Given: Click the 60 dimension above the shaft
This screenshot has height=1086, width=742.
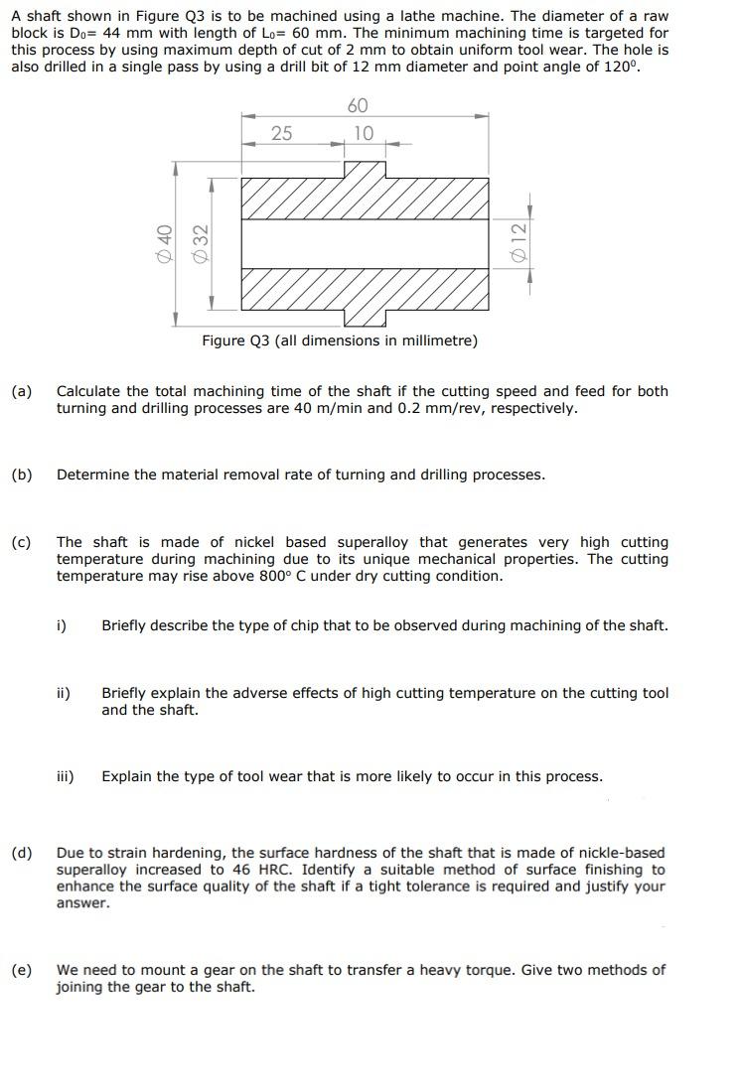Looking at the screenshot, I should coord(358,106).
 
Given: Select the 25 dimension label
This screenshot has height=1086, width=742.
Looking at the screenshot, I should coord(281,133).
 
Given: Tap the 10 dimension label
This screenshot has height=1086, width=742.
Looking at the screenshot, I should coord(364,133).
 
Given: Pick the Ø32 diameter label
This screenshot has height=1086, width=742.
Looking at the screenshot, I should coord(200,242).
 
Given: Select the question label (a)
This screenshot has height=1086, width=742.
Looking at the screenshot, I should coord(21,391).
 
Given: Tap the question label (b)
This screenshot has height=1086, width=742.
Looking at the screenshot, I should coord(21,475).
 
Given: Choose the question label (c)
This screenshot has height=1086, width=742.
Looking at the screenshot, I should coord(21,542).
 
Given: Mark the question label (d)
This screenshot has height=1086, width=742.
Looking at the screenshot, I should coord(21,853).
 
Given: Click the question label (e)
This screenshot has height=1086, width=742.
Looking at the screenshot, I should coord(21,969).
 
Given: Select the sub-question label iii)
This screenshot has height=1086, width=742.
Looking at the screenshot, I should coord(65,776).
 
